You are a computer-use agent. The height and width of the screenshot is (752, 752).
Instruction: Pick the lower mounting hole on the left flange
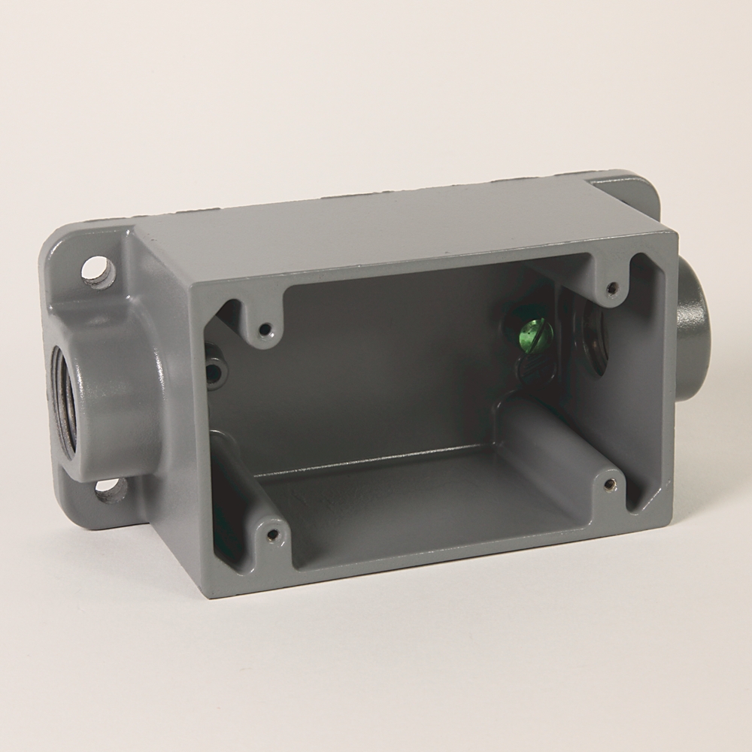pyautogui.click(x=111, y=491)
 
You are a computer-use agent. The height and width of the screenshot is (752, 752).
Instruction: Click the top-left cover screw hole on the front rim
pyautogui.click(x=264, y=329)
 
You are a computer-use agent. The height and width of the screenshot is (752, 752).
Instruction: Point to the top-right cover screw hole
pyautogui.click(x=613, y=287)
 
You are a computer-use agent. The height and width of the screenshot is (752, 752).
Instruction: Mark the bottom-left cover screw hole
pyautogui.click(x=272, y=535)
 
